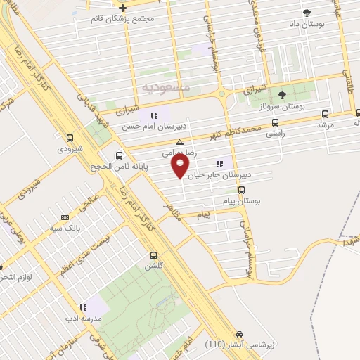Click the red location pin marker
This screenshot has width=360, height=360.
pos(181,166)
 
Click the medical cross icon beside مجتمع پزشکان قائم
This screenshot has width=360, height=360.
pos(122,8)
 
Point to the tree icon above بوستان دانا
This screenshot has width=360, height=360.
pos(306,13)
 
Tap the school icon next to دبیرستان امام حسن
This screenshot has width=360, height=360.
pos(154,115)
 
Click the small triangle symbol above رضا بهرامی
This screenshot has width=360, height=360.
pos(179,142)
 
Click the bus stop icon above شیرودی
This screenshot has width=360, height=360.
pos(70,139)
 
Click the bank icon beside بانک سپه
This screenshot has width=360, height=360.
pos(65,217)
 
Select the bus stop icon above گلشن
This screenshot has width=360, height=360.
pos(153,256)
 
